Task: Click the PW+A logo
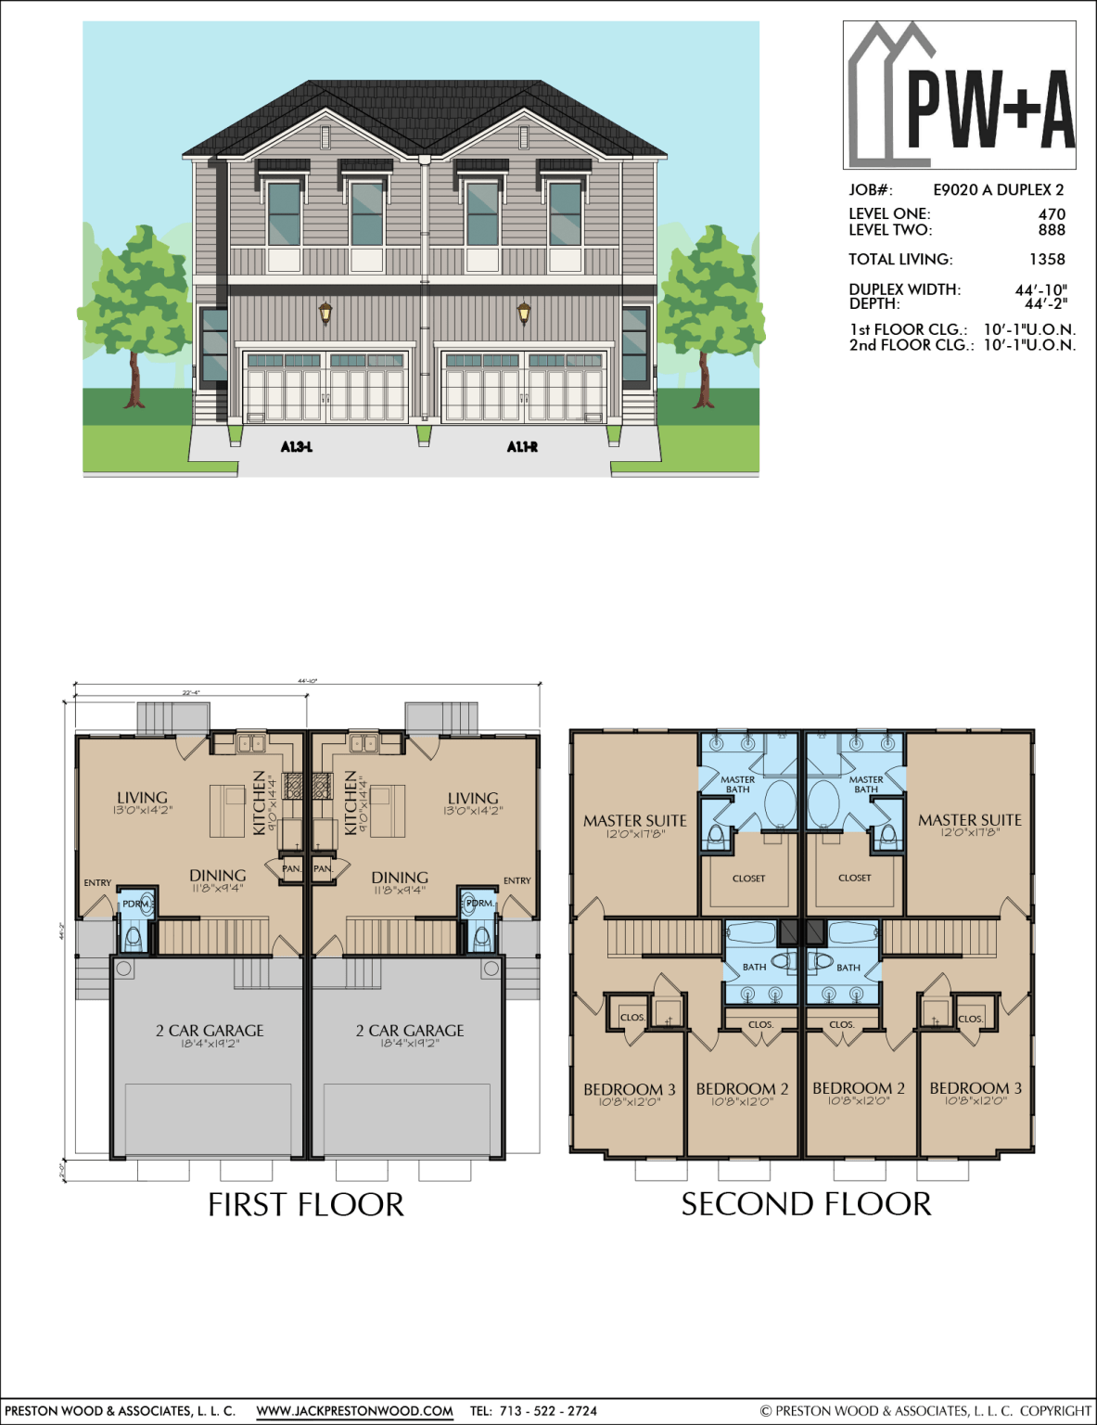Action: click(960, 95)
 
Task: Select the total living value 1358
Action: click(1047, 260)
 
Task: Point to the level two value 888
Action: click(1052, 230)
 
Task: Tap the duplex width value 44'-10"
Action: click(1040, 289)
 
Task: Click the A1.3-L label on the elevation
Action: click(297, 447)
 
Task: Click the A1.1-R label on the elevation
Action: click(522, 447)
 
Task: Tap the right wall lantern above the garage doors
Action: click(524, 313)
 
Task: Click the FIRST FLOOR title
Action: click(306, 1205)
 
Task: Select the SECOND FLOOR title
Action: click(806, 1204)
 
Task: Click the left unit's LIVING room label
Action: click(143, 798)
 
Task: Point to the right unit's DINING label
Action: click(400, 878)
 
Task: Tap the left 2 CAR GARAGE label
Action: click(210, 1031)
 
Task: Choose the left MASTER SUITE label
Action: click(635, 821)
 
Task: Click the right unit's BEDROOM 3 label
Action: click(976, 1088)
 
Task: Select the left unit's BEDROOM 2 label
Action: click(742, 1089)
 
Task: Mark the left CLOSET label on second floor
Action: click(749, 879)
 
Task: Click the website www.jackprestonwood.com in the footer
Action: click(354, 1411)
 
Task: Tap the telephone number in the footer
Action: click(548, 1411)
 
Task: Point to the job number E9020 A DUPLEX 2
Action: click(998, 190)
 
